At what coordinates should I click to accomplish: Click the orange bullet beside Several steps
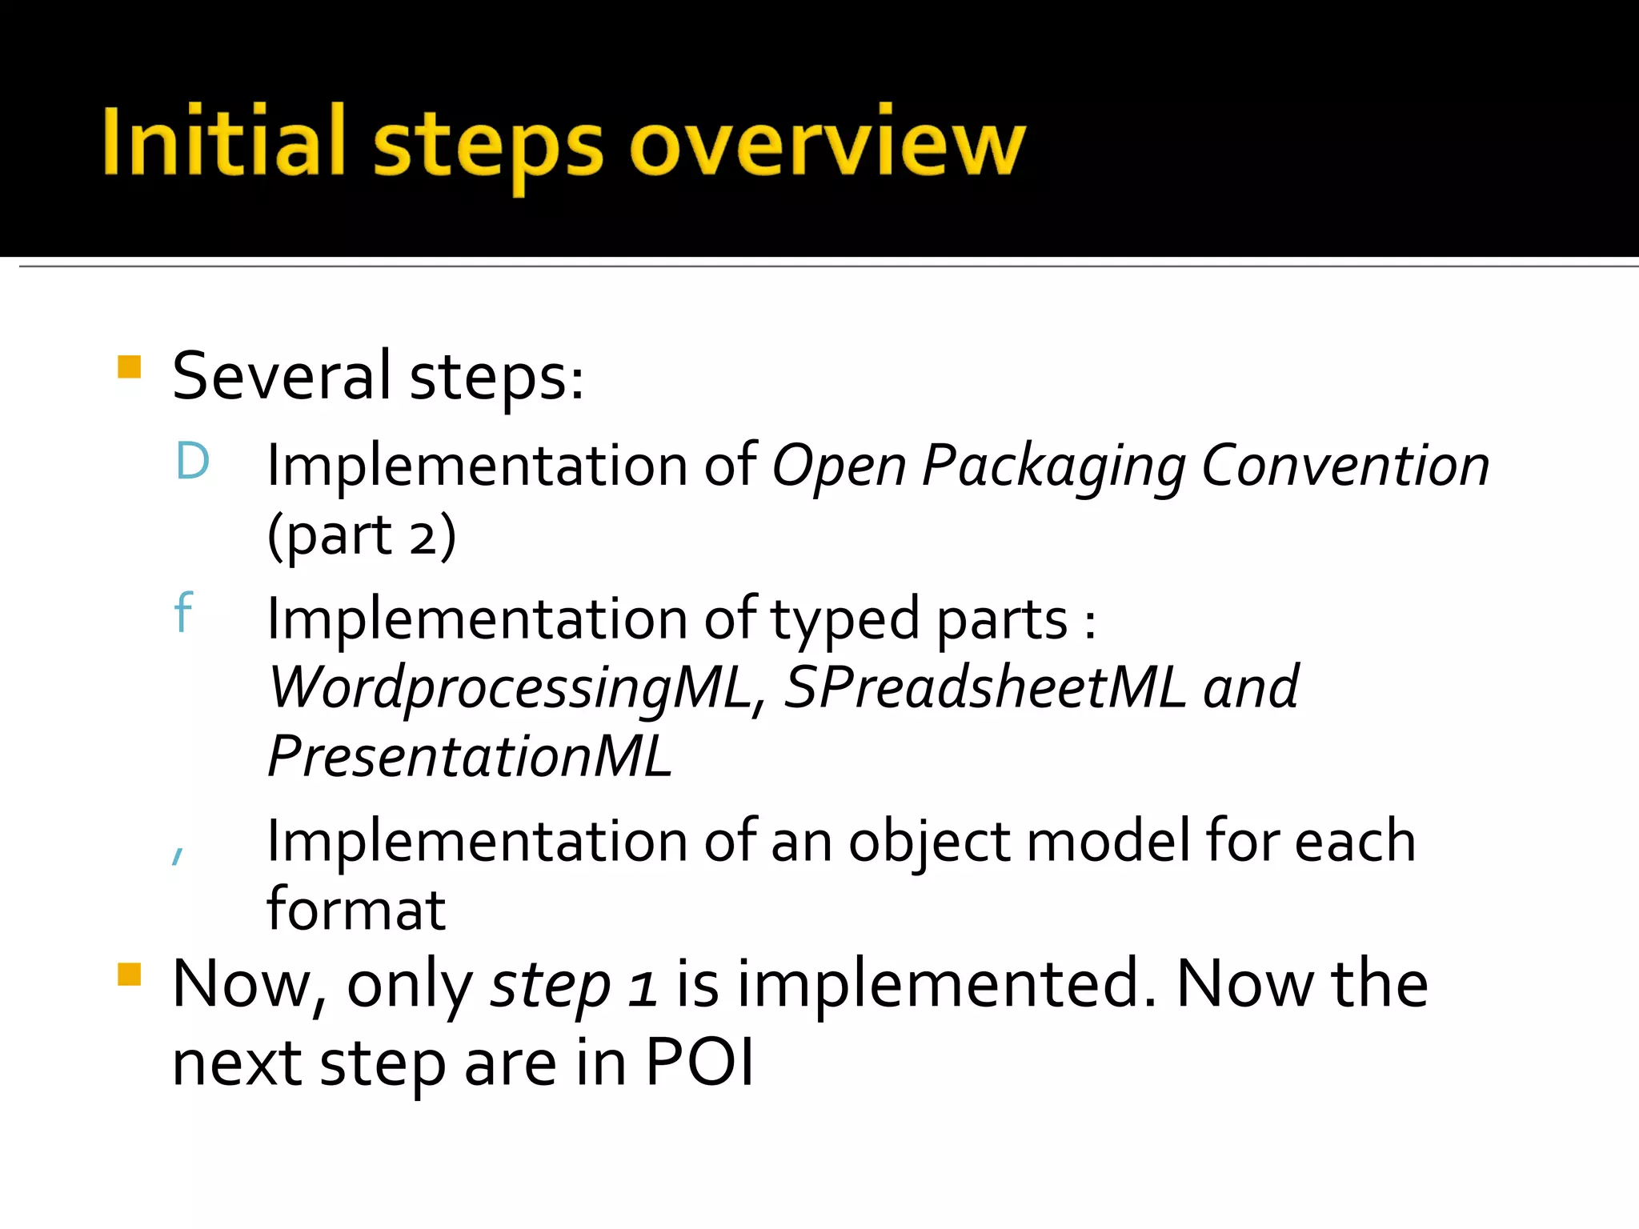(129, 367)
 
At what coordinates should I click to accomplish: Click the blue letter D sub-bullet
(193, 462)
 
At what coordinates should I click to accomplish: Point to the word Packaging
(1053, 466)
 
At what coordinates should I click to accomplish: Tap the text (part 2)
(362, 534)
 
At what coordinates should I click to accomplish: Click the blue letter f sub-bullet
(183, 613)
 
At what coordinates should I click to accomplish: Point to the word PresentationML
(470, 757)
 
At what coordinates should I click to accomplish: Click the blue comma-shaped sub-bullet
(178, 855)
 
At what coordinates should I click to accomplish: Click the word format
(356, 911)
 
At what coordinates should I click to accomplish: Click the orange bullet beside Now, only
(129, 975)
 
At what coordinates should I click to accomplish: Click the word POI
(699, 1063)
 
